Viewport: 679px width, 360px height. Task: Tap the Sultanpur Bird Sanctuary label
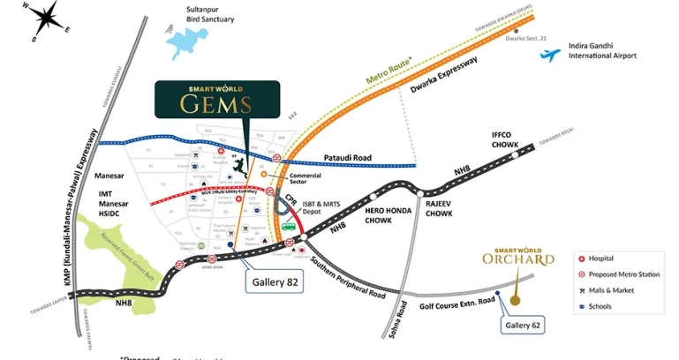[210, 14]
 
